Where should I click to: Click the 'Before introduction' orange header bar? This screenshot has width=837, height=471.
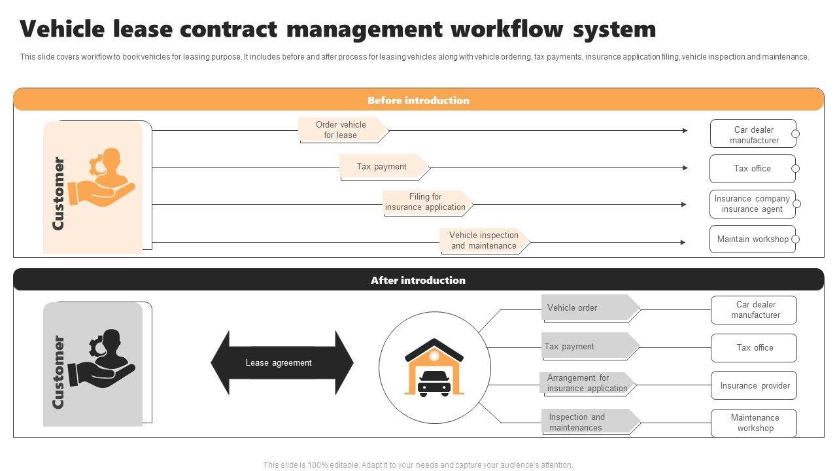click(418, 100)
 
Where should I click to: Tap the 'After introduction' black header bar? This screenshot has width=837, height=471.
click(418, 280)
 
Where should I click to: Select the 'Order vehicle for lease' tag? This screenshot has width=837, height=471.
click(341, 130)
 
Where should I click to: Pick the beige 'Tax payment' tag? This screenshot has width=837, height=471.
click(383, 167)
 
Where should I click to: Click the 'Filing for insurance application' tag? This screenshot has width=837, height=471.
click(426, 202)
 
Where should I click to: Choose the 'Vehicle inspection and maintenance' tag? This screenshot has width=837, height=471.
click(483, 241)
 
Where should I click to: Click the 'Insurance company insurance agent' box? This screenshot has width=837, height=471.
click(752, 204)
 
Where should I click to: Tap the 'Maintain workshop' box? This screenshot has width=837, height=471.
click(752, 239)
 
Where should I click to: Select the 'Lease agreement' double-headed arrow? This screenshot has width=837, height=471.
click(281, 362)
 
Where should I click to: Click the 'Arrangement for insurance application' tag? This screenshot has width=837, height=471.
click(587, 383)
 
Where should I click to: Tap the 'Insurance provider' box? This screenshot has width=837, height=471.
click(754, 386)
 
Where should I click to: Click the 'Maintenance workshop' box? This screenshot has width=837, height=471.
click(754, 423)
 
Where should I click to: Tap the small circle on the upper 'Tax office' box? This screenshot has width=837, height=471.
click(795, 169)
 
